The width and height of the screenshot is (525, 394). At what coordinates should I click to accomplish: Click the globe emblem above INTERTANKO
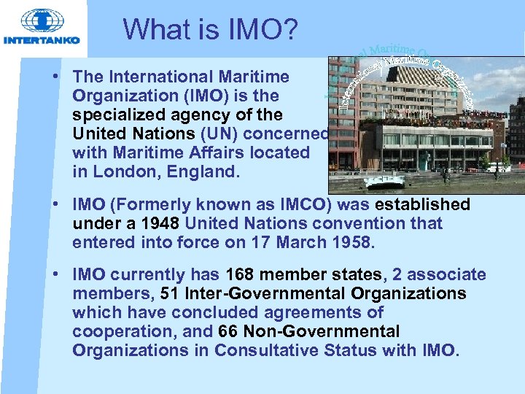[x=42, y=20]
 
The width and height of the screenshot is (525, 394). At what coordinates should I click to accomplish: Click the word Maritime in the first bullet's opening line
[x=256, y=77]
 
